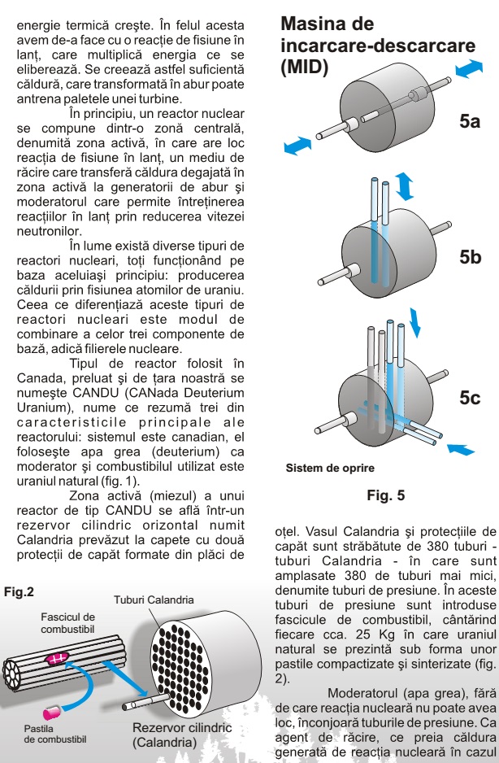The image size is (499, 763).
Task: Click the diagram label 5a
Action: [x=471, y=122]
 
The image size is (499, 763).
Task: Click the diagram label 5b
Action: [x=471, y=258]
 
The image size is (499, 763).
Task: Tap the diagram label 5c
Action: [x=471, y=398]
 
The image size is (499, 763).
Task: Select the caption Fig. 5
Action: [x=385, y=495]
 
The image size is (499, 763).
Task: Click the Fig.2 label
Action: [x=19, y=591]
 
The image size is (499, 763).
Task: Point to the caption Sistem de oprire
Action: [x=330, y=469]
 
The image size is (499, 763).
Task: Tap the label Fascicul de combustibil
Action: [x=67, y=624]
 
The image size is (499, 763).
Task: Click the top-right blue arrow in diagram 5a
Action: [x=469, y=72]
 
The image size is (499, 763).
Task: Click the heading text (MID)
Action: [x=304, y=68]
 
